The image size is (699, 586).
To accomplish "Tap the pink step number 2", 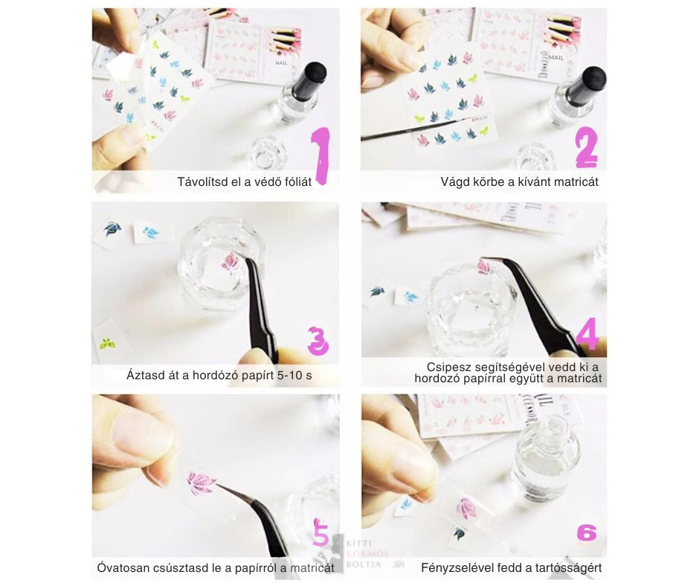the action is [x=587, y=147].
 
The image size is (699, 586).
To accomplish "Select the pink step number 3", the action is [x=318, y=341].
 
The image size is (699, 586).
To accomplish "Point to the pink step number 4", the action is [x=587, y=334].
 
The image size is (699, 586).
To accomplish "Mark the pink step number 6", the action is [x=587, y=533].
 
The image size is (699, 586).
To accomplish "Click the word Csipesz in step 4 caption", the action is [x=448, y=367].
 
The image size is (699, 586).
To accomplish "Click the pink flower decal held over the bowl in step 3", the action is [x=230, y=263].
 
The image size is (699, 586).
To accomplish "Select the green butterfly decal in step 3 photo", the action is [x=107, y=344].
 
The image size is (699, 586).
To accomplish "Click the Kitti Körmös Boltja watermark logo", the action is [x=364, y=554].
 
